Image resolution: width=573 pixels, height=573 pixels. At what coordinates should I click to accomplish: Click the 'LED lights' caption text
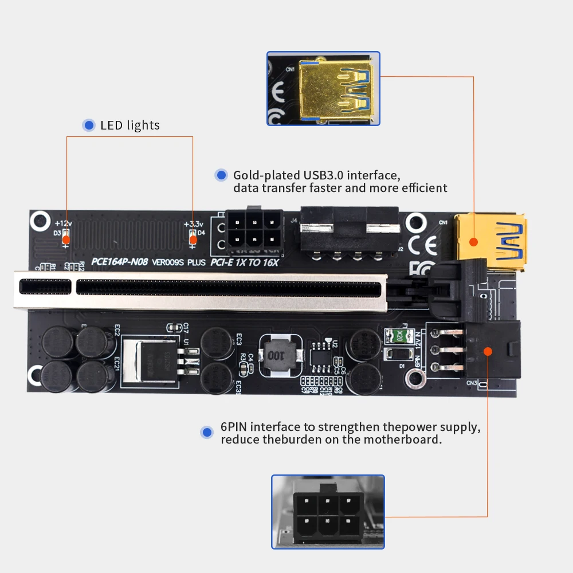coord(129,125)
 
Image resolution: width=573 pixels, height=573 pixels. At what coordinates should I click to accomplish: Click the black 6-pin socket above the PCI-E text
coord(254,231)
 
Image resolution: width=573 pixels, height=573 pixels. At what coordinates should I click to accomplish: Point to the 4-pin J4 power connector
coord(350,232)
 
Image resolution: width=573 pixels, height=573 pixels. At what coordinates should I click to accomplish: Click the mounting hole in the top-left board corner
coord(41,219)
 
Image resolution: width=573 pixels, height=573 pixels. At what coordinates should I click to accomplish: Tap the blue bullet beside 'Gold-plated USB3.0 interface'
coord(221,175)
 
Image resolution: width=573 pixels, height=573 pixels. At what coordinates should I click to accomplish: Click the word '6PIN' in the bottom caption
coord(234,427)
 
